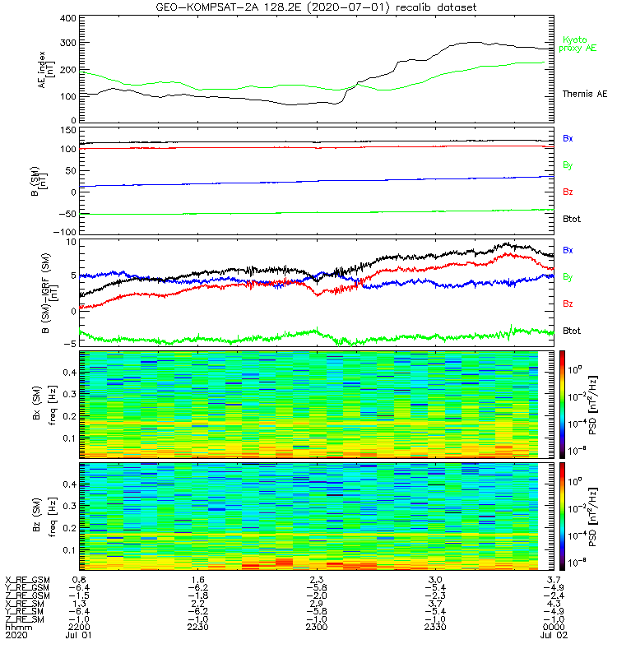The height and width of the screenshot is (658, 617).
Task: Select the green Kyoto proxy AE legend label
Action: [x=579, y=44]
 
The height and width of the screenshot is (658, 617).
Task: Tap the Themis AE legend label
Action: [x=578, y=95]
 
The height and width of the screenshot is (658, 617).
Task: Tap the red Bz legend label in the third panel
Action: [x=568, y=304]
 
